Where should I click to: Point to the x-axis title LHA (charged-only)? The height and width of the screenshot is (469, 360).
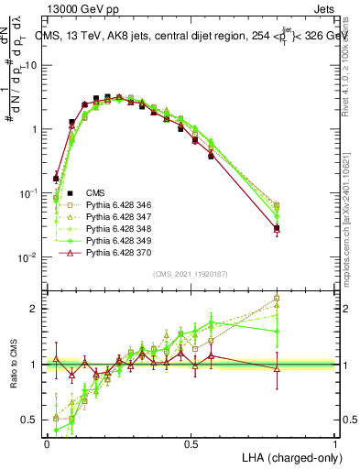(285, 456)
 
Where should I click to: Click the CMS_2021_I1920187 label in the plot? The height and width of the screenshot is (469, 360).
(190, 274)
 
